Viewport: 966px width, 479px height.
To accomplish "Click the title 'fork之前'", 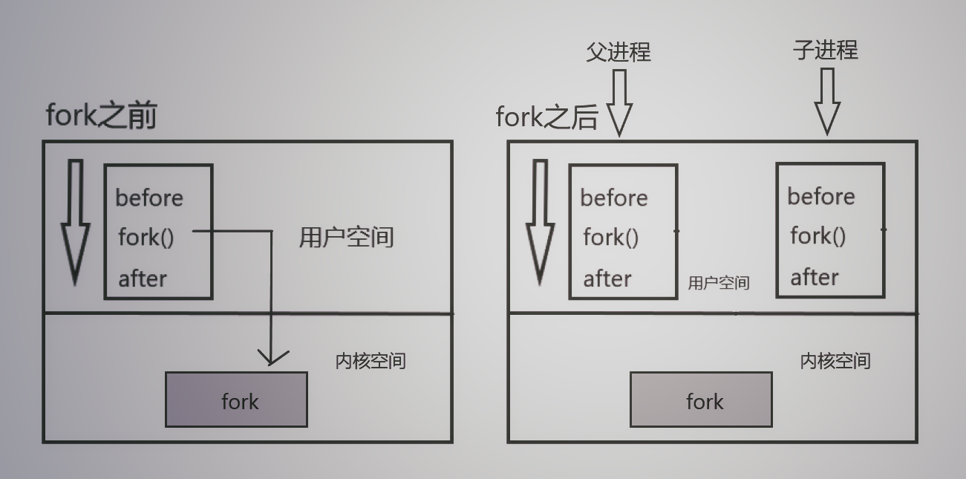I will click(x=101, y=116).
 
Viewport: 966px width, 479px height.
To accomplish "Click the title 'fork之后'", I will click(x=546, y=117).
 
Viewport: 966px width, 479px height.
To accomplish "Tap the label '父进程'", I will click(x=619, y=51).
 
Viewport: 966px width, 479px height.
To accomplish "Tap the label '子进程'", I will click(x=826, y=50).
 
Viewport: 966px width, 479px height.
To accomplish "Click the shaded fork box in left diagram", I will click(x=236, y=400).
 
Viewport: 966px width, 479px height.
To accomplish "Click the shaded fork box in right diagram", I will click(x=701, y=400).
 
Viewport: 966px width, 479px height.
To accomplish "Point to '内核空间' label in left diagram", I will click(x=371, y=362).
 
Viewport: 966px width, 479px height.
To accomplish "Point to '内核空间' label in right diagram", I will click(x=835, y=361).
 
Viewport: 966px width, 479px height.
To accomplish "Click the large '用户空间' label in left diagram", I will click(x=346, y=238).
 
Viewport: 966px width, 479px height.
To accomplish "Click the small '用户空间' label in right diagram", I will click(x=719, y=283).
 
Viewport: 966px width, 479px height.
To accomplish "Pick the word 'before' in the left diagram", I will click(x=149, y=198).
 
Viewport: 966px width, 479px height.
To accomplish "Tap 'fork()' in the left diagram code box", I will click(x=146, y=238).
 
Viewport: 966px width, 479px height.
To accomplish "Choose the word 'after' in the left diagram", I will click(x=143, y=278).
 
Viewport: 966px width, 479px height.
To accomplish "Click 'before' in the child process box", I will click(x=821, y=197).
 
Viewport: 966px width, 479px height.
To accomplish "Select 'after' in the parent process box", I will click(x=607, y=278).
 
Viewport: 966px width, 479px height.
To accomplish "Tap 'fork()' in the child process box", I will click(x=817, y=236).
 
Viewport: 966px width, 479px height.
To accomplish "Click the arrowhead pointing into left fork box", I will click(x=272, y=357).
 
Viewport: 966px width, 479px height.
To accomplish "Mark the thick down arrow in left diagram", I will click(x=75, y=223).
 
